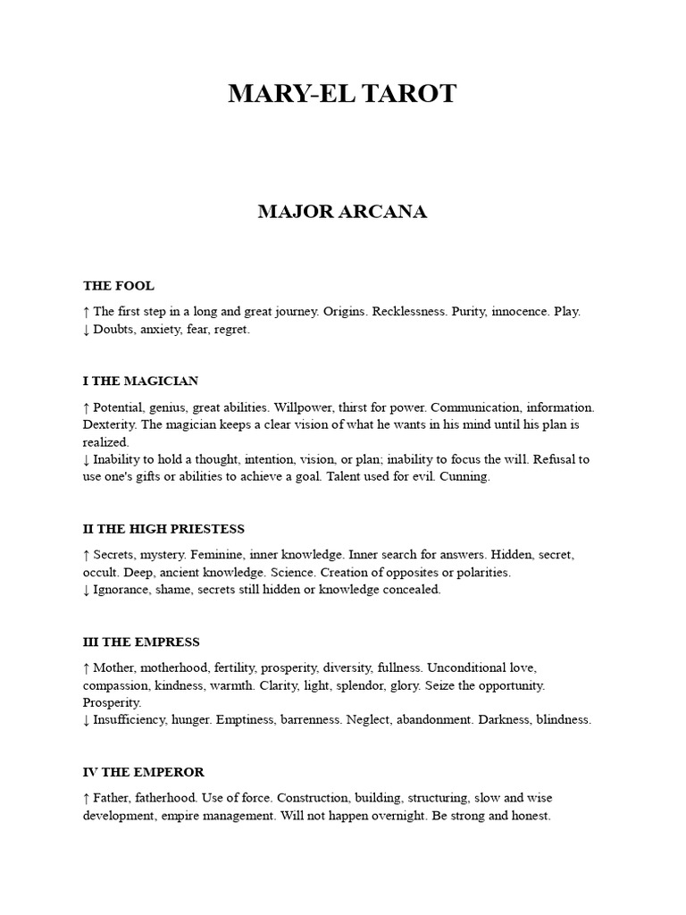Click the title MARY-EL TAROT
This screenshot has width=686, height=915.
pyautogui.click(x=342, y=94)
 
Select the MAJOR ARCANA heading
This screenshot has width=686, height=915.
pyautogui.click(x=342, y=212)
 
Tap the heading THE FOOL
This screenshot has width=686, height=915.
pyautogui.click(x=119, y=286)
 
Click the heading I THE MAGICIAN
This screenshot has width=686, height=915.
pyautogui.click(x=141, y=381)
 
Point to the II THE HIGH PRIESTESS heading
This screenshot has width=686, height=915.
pyautogui.click(x=163, y=529)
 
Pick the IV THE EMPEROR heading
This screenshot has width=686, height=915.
pyautogui.click(x=144, y=772)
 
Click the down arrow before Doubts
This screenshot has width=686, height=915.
pyautogui.click(x=86, y=330)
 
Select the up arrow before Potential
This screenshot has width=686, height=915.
pyautogui.click(x=86, y=407)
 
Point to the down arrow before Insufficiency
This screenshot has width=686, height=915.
pyautogui.click(x=86, y=720)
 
